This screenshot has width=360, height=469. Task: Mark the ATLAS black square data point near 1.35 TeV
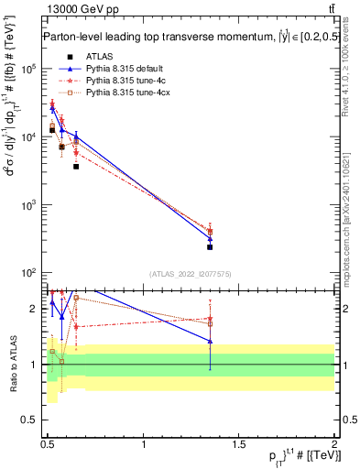click(x=210, y=246)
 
